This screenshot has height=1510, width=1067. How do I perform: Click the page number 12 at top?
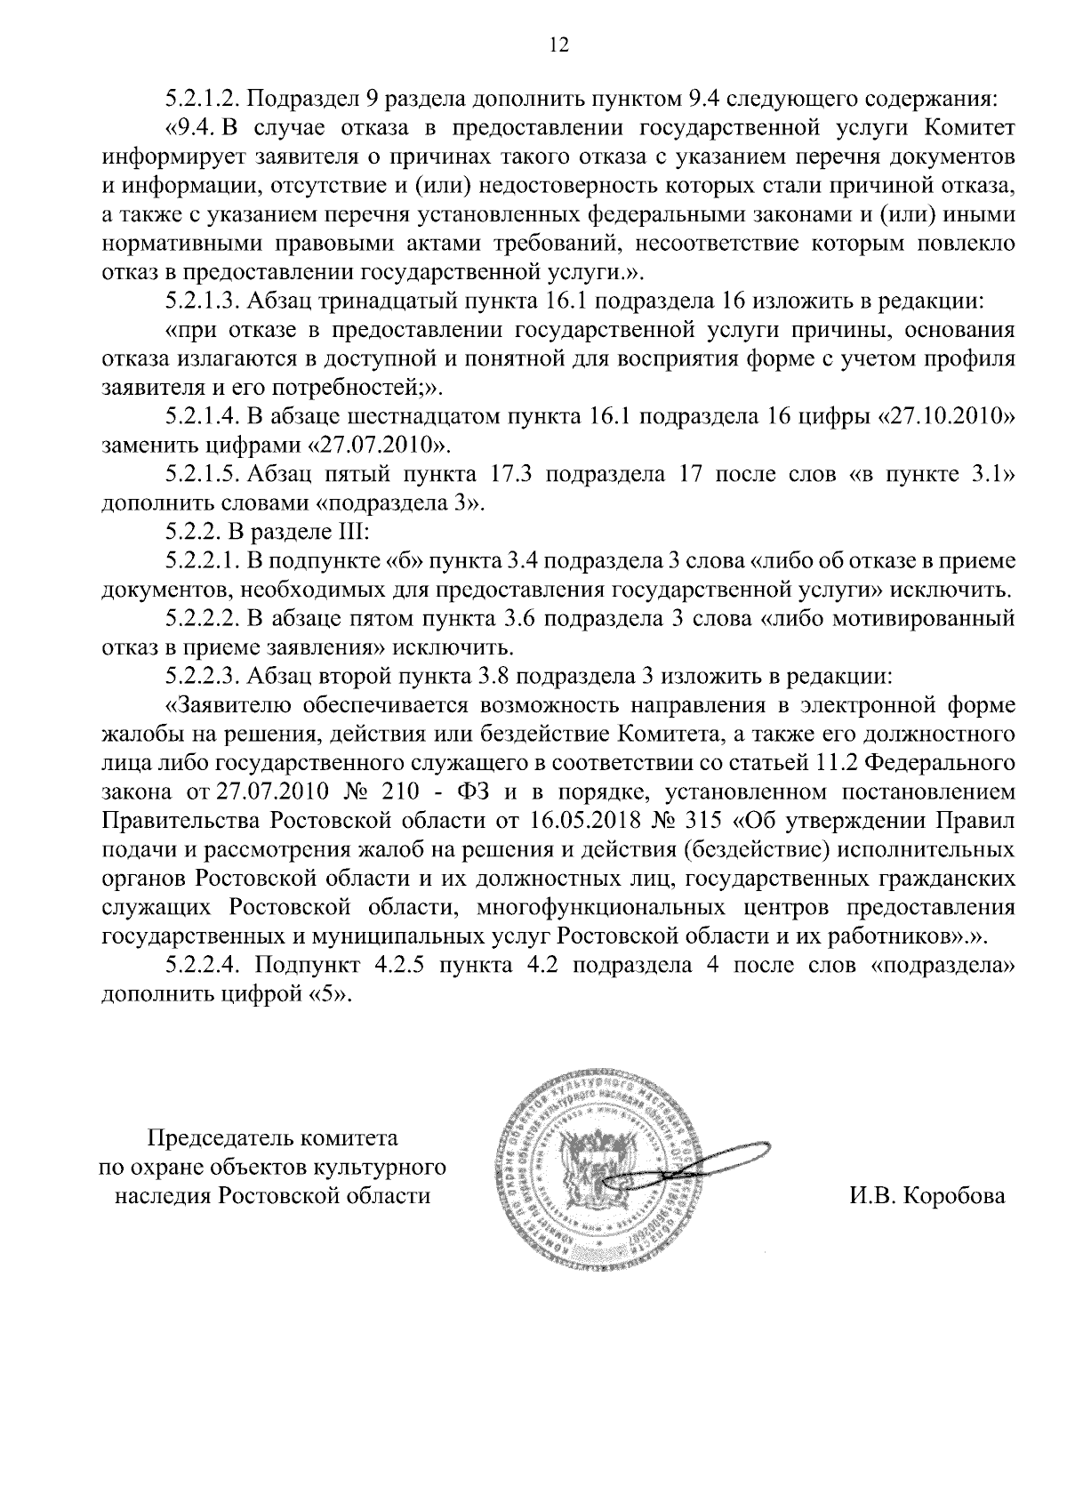pos(559,45)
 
